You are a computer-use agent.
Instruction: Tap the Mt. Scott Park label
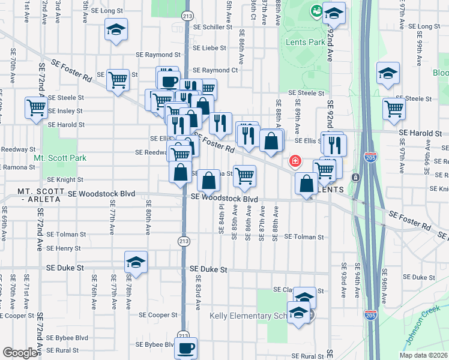[x=59, y=158]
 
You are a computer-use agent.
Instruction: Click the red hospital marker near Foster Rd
[x=295, y=161]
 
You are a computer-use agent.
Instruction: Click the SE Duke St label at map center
[x=208, y=270]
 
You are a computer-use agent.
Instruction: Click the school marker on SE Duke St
[x=136, y=262]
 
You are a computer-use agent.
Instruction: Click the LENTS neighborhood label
[x=329, y=190]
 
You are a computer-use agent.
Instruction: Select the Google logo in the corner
[x=20, y=353]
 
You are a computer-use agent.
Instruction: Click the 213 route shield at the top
[x=187, y=15]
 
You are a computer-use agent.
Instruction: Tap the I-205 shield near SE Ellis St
[x=370, y=157]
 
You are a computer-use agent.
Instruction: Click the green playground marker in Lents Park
[x=315, y=10]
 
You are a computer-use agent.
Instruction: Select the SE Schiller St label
[x=212, y=28]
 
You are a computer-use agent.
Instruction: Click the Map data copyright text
[x=423, y=355]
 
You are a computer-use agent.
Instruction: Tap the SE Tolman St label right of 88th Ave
[x=304, y=237]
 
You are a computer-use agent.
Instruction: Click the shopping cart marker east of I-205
[x=394, y=108]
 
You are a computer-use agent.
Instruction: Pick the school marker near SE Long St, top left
[x=116, y=29]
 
